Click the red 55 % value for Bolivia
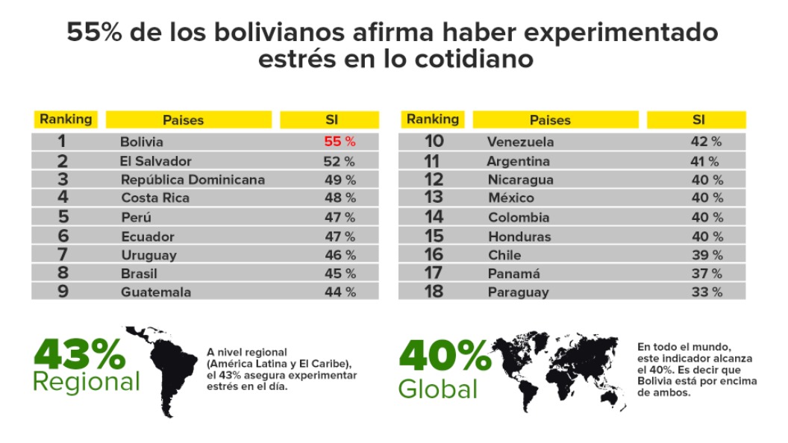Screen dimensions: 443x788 [340, 142]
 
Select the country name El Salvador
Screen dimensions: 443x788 [156, 161]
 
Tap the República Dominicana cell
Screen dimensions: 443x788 [193, 180]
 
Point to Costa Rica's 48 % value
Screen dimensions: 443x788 [340, 198]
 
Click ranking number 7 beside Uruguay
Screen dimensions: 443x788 [63, 255]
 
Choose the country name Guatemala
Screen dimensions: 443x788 [156, 292]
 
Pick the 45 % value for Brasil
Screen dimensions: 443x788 [340, 274]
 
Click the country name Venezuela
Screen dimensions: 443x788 [520, 142]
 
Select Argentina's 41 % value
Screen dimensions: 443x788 [704, 161]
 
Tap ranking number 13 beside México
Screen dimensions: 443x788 [433, 198]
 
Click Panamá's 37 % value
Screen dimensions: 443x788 [706, 274]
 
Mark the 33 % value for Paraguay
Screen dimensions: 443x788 [706, 292]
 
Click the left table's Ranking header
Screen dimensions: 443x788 [66, 119]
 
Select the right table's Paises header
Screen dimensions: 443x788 [550, 120]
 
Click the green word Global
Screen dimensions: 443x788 [438, 389]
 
